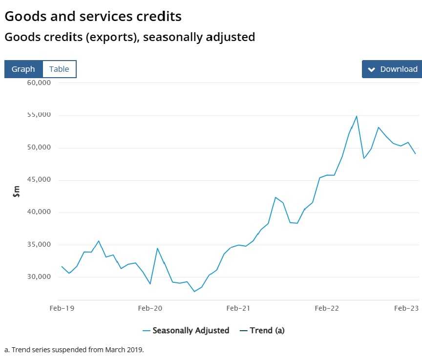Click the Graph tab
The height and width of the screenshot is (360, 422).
pos(23,69)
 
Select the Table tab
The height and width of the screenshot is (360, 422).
pos(59,69)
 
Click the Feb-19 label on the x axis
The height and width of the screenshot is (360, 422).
pos(62,308)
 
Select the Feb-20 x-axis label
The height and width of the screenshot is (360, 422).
pos(150,308)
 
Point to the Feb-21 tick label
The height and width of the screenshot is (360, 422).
pos(238,308)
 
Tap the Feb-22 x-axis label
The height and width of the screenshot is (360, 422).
pos(327,308)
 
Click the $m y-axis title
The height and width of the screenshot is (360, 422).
pos(16,191)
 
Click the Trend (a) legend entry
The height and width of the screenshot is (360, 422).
pos(262,331)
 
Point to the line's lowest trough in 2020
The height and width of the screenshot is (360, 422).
pos(194,291)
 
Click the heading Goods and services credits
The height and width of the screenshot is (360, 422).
pos(93,16)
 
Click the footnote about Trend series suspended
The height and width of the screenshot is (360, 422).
pos(74,350)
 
